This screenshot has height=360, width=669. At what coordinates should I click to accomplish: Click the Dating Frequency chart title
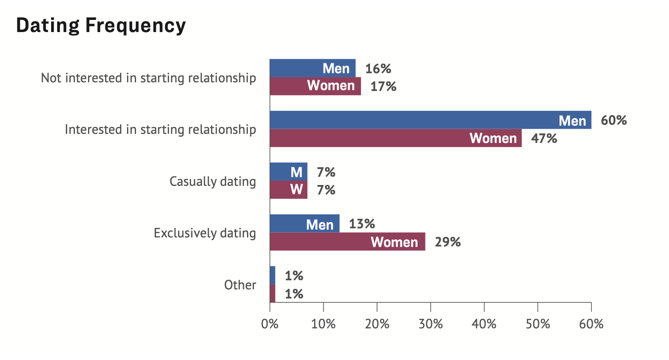[101, 25]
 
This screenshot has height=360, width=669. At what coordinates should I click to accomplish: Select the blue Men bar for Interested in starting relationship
[430, 120]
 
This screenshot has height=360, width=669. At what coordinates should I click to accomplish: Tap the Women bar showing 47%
[396, 138]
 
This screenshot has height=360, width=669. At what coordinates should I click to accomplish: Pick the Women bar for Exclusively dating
[347, 242]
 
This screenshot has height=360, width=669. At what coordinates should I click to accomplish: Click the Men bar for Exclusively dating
[305, 224]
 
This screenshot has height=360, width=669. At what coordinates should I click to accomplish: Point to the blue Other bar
[273, 275]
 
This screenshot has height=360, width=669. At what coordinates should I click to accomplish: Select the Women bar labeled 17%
[315, 86]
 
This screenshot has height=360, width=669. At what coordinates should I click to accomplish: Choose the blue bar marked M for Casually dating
[289, 172]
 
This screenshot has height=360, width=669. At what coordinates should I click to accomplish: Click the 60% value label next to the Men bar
[614, 120]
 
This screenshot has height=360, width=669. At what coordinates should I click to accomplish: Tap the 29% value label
[448, 242]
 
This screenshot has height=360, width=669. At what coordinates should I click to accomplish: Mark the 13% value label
[362, 224]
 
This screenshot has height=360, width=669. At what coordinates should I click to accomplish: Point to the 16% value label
[378, 68]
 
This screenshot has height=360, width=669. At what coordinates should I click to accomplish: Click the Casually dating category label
[212, 181]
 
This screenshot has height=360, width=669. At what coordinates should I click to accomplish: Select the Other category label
[240, 285]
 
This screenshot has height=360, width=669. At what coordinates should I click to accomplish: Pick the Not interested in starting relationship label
[148, 78]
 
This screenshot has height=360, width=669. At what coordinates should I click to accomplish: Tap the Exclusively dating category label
[205, 233]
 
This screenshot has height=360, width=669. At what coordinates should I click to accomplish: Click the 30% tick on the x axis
[431, 324]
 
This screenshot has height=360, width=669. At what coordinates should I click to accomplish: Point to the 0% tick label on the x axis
[270, 324]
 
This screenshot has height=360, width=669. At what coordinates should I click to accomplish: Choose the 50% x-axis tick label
[538, 324]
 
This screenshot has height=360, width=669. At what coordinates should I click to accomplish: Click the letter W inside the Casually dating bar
[296, 190]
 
